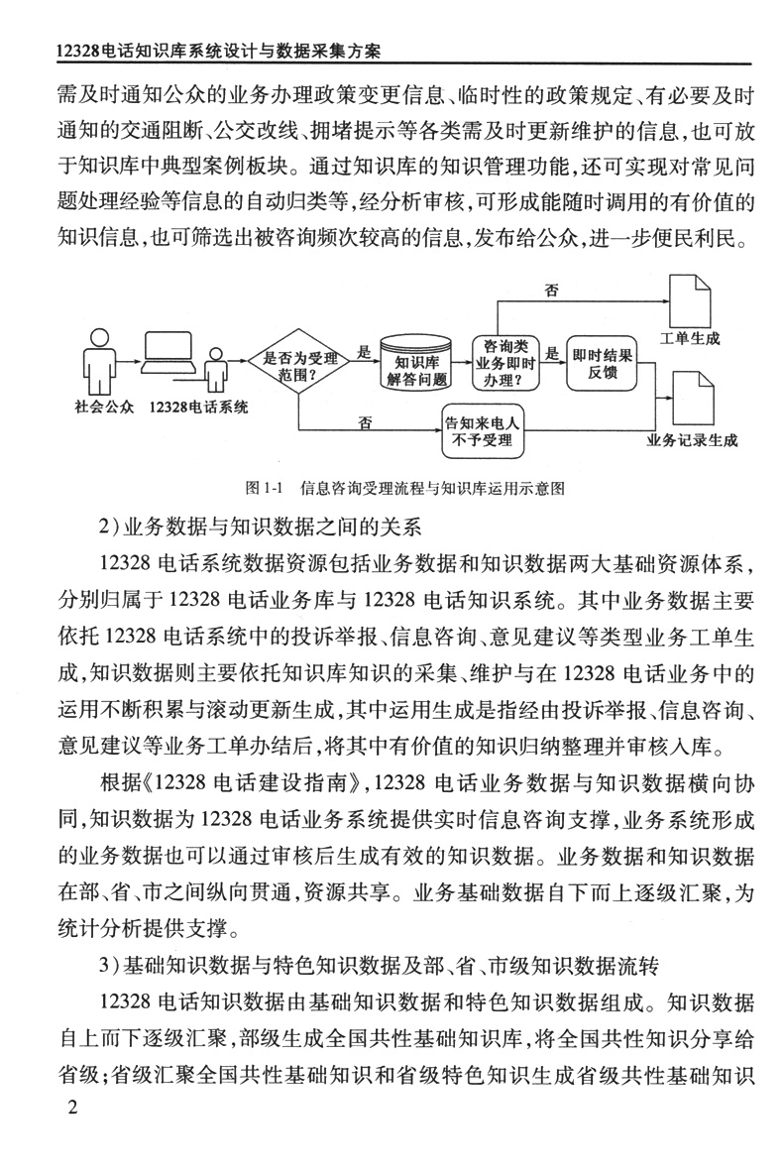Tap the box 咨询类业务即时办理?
504,361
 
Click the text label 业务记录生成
692,439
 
